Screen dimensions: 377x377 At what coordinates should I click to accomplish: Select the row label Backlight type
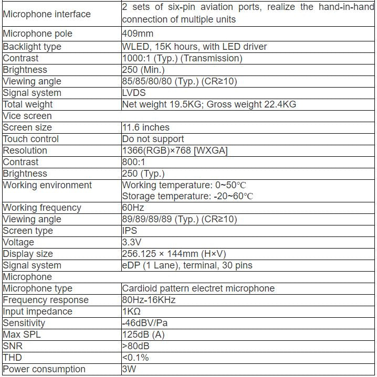click(x=32, y=47)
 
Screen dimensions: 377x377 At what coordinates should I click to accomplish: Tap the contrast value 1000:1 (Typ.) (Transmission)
click(x=182, y=58)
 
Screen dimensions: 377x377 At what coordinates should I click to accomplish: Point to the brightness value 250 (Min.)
click(x=143, y=70)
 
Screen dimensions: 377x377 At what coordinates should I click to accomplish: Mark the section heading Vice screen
click(x=27, y=116)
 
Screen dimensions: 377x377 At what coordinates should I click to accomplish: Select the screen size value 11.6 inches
click(x=145, y=127)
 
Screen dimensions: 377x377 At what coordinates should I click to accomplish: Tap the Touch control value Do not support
click(x=153, y=139)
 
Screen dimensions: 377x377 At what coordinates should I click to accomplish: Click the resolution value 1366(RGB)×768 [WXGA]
click(x=175, y=150)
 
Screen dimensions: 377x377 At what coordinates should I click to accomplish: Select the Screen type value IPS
click(x=130, y=231)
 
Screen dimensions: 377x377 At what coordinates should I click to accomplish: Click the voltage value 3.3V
click(x=131, y=242)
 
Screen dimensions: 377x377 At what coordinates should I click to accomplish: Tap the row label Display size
click(x=28, y=254)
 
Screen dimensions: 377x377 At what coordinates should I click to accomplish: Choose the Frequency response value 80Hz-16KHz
click(x=149, y=300)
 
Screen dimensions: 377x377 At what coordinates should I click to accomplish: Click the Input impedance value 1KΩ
click(x=132, y=311)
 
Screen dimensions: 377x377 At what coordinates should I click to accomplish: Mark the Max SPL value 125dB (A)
click(x=143, y=335)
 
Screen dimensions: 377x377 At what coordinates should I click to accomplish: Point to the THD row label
click(x=13, y=358)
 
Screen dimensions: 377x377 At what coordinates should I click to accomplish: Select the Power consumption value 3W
click(x=130, y=369)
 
